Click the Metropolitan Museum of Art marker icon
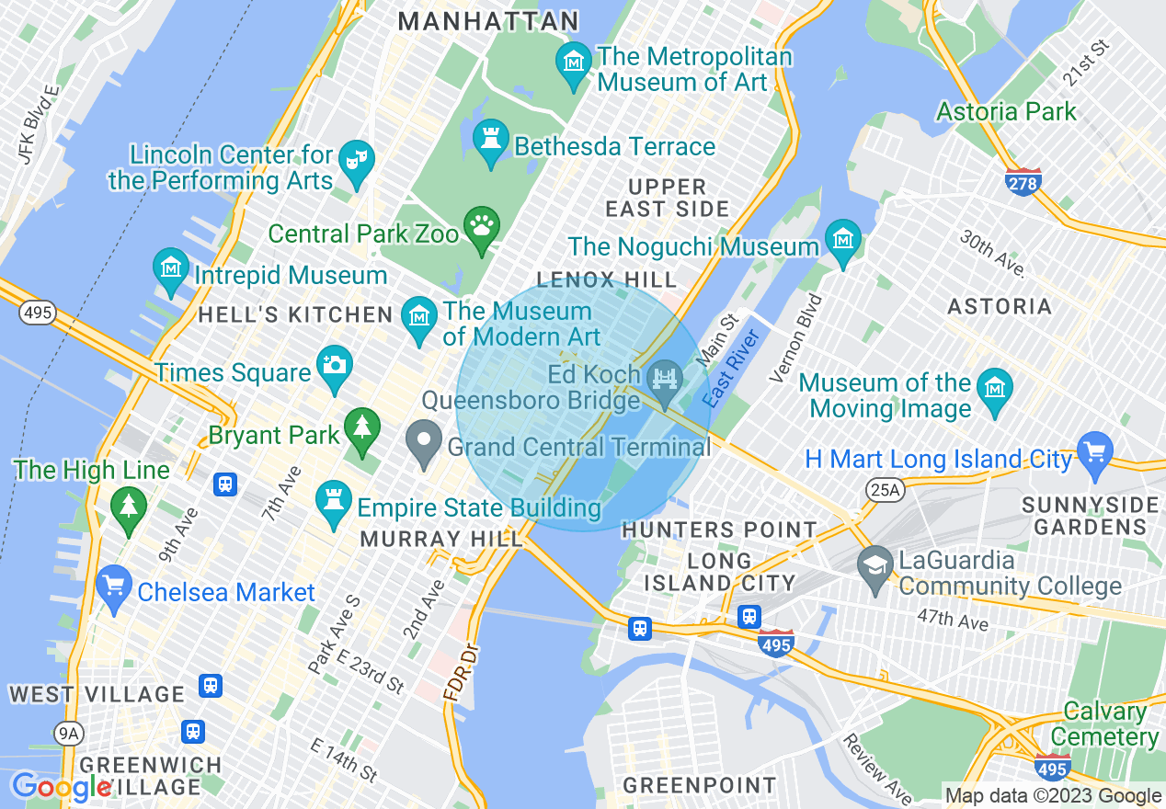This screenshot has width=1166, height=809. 575,63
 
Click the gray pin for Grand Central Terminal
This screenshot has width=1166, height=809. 424,440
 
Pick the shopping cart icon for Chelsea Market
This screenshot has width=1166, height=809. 114,586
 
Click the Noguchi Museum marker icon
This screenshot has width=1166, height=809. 842,241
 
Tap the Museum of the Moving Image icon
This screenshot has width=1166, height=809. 994,389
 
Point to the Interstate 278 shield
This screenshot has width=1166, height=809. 1023,181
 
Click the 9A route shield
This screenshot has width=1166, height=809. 69,733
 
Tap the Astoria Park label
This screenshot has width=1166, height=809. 1005,112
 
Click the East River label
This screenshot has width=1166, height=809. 731,369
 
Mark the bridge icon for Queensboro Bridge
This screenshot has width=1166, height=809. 663,378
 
